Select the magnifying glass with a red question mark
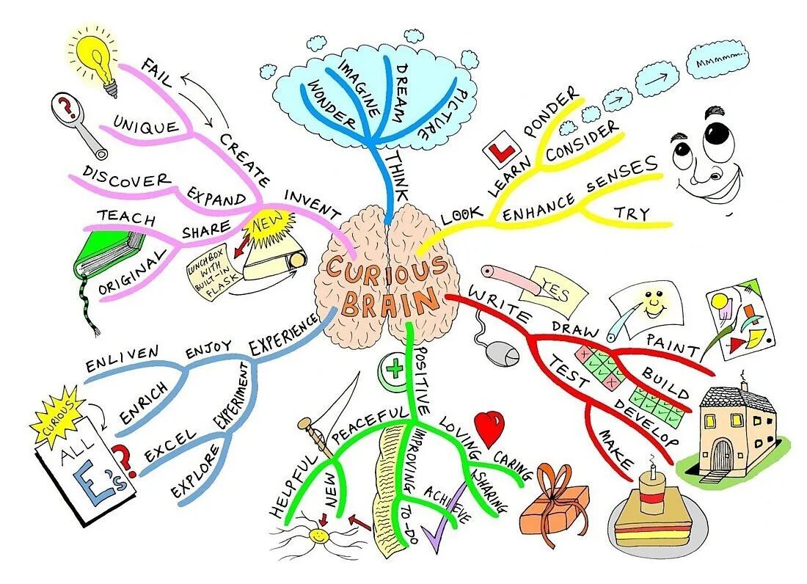[x=70, y=112]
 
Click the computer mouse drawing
[x=504, y=355]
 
